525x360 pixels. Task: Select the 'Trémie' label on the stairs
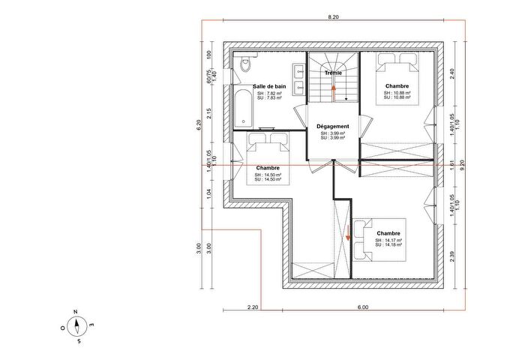[333, 73]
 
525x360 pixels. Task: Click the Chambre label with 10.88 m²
[397, 86]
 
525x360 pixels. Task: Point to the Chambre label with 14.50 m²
[268, 168]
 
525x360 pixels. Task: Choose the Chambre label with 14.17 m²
[388, 233]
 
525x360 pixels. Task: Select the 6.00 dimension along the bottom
[362, 307]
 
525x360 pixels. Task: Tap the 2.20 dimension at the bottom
[252, 307]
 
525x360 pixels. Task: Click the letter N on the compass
[76, 311]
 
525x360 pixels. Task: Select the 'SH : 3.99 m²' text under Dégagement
[333, 133]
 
